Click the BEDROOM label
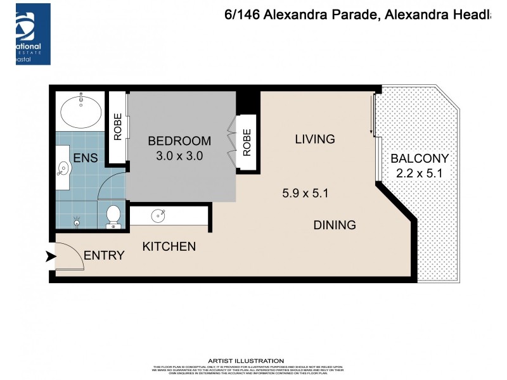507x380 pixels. pyautogui.click(x=179, y=141)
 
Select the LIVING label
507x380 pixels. pyautogui.click(x=314, y=139)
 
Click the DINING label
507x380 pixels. pyautogui.click(x=334, y=225)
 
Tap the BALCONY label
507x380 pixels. pyautogui.click(x=419, y=159)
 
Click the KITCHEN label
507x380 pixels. pyautogui.click(x=169, y=246)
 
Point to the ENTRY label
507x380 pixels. pyautogui.click(x=104, y=255)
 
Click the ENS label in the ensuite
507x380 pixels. pyautogui.click(x=85, y=158)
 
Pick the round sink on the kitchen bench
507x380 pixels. pyautogui.click(x=158, y=216)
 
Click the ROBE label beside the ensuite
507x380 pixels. pyautogui.click(x=117, y=125)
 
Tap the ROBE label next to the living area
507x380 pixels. pyautogui.click(x=247, y=143)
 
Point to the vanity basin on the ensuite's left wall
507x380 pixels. pyautogui.click(x=63, y=168)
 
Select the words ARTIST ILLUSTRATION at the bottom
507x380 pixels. pyautogui.click(x=254, y=360)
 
